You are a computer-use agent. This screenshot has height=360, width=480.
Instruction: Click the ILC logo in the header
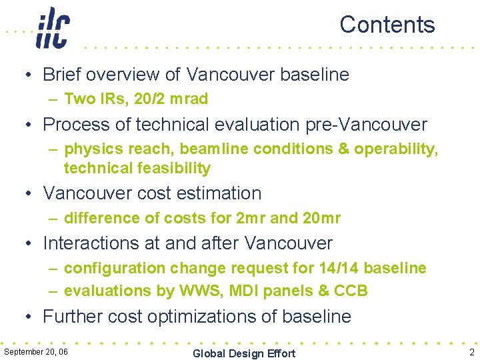click(53, 28)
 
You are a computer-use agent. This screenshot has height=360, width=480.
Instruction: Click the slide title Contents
click(387, 25)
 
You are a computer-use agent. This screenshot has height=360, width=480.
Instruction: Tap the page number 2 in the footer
click(471, 352)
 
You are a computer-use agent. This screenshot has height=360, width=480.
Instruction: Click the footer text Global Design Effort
click(243, 353)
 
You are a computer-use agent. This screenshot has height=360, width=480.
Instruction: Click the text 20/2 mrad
click(171, 99)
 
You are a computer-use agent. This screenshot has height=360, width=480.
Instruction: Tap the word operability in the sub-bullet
click(393, 149)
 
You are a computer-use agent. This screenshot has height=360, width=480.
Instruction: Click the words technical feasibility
click(137, 168)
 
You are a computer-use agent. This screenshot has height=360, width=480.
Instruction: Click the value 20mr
click(321, 218)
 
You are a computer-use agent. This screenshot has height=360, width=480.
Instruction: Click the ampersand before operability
click(343, 149)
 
